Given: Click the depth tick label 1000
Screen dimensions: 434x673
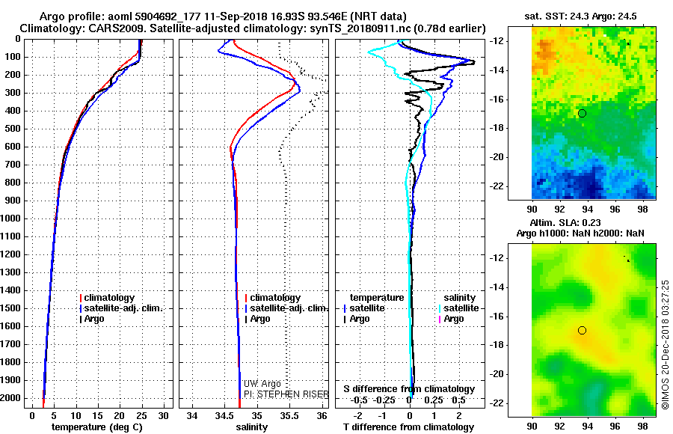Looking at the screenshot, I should (x=13, y=218).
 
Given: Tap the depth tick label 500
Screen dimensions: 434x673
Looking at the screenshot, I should (x=15, y=129).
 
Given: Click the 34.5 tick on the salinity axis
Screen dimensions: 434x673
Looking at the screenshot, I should (x=224, y=415).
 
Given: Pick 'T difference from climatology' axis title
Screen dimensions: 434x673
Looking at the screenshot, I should (x=410, y=427).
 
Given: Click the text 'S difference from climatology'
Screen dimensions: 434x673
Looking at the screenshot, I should (x=409, y=389).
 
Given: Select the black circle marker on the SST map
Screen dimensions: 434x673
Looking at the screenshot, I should (x=582, y=113).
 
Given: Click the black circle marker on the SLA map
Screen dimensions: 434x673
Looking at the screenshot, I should (x=582, y=330).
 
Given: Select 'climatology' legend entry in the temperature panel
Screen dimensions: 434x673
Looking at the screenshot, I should (x=111, y=298).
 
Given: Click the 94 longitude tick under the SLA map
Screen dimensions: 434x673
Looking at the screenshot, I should (x=587, y=424).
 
